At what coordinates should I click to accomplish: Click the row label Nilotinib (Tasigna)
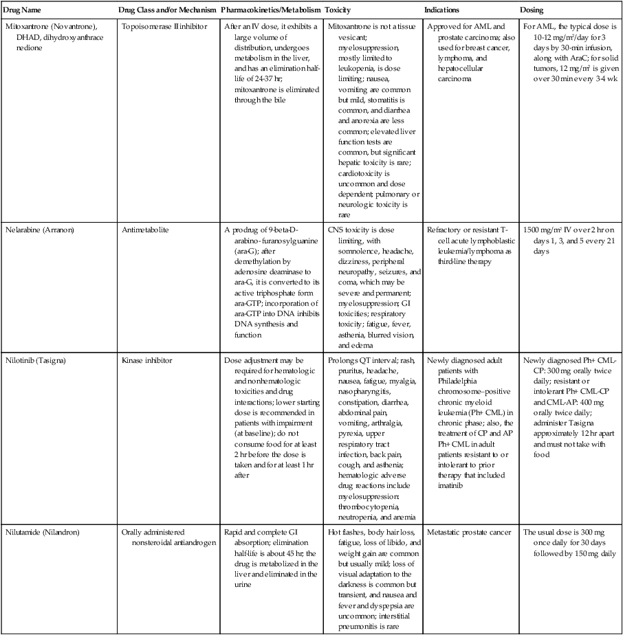click(x=40, y=360)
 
